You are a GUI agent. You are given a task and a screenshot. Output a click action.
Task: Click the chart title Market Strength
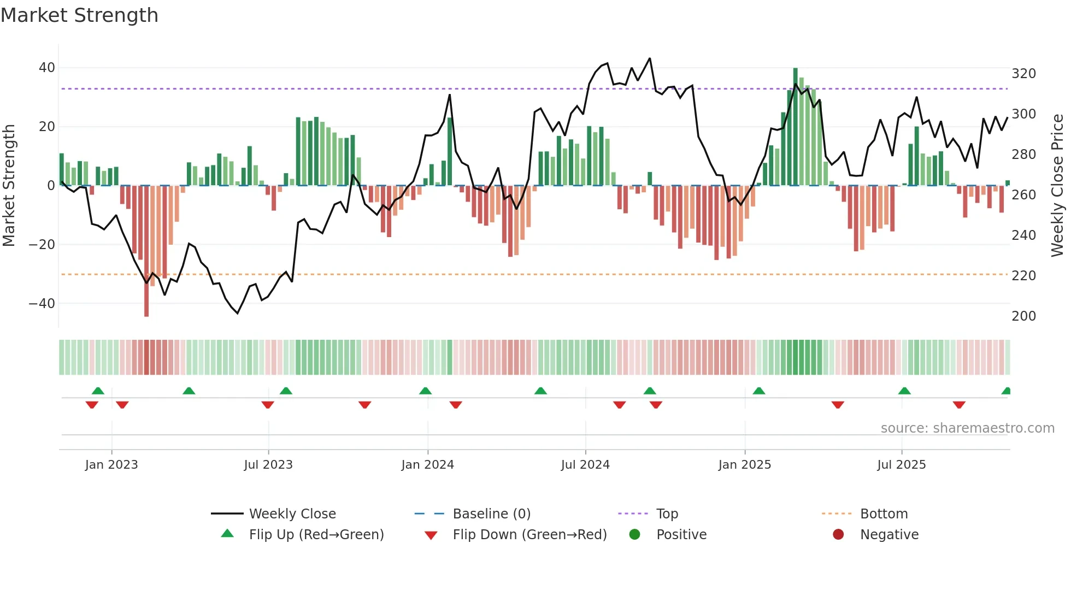[x=79, y=15]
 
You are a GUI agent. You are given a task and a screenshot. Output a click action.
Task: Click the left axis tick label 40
[x=46, y=68]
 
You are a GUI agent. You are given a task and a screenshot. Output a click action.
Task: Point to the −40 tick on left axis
[x=42, y=303]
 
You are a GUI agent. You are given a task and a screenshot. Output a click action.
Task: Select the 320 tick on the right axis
[x=1023, y=74]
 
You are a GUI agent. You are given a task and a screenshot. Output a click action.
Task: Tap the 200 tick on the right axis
[x=1023, y=316]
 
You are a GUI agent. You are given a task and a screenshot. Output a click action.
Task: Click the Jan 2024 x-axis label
[x=427, y=465]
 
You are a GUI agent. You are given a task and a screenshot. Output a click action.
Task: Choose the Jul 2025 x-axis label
[x=901, y=465]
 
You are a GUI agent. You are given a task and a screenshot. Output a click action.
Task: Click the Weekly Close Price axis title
[x=1057, y=186]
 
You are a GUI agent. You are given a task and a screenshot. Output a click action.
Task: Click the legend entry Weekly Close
[x=292, y=514]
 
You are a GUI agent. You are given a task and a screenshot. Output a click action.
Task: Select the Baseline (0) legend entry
[x=491, y=514]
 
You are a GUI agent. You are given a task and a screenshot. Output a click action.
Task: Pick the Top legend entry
[x=667, y=514]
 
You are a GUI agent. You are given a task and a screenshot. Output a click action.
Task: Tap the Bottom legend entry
[x=884, y=514]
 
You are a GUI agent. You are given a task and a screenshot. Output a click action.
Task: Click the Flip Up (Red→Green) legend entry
[x=316, y=535]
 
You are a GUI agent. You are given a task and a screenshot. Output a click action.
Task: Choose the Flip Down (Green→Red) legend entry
[x=529, y=535]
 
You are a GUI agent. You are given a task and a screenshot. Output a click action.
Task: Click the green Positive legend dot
[x=634, y=534]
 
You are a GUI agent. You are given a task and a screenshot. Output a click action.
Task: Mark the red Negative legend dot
[x=838, y=534]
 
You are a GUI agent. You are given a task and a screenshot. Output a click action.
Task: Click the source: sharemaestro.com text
[x=967, y=428]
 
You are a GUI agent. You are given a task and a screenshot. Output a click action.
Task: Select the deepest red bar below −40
[x=146, y=251]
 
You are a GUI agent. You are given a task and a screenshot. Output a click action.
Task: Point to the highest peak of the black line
[x=649, y=58]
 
